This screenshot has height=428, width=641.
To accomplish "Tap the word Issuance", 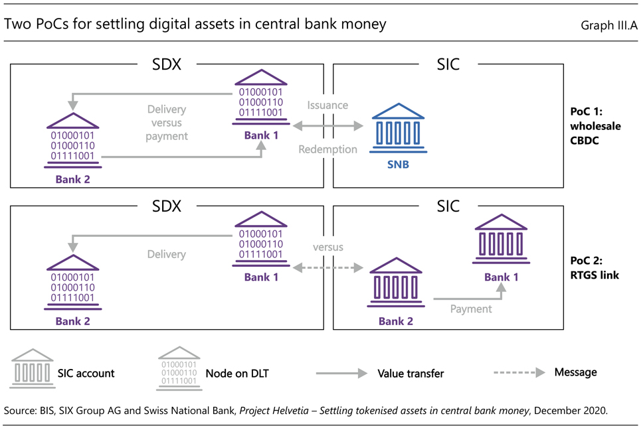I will (x=327, y=106).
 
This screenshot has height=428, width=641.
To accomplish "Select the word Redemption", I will (x=327, y=149).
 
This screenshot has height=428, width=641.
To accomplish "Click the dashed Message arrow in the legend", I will (x=519, y=372).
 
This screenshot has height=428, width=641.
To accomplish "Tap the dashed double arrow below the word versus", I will (x=328, y=268).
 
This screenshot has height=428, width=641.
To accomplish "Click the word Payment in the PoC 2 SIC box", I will (x=470, y=309).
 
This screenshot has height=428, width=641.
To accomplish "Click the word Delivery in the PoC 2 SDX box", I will (x=166, y=254).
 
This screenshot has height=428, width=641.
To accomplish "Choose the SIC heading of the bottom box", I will (x=448, y=206).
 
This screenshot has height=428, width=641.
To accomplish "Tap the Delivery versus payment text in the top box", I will (x=167, y=123).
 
